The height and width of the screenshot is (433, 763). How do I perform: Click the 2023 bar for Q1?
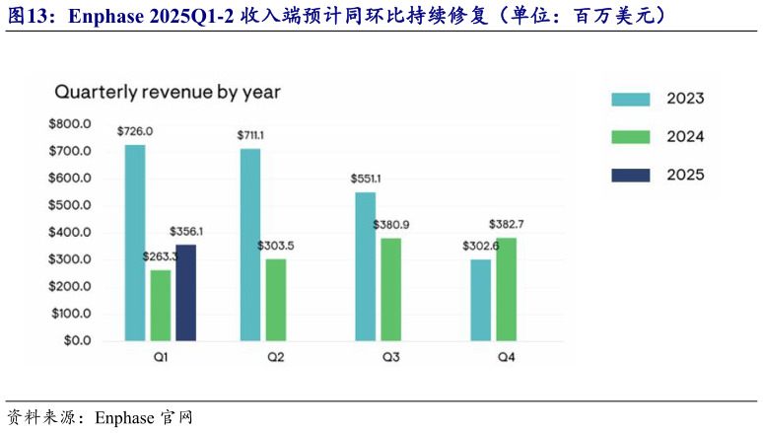tap(135, 243)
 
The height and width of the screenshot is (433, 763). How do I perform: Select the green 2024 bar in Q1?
tap(161, 305)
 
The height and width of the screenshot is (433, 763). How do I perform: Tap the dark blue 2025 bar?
tap(185, 292)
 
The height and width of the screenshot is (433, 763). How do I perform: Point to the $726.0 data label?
tap(135, 130)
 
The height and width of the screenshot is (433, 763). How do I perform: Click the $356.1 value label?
tap(187, 231)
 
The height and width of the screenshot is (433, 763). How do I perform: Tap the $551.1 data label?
tap(366, 179)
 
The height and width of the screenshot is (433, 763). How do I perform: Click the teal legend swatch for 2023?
tap(630, 99)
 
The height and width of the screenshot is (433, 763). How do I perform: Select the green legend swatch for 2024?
tap(630, 137)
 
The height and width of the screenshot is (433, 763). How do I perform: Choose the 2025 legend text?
tap(685, 176)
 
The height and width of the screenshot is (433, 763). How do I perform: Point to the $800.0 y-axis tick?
tap(70, 123)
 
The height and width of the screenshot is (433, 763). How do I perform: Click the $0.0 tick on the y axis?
tap(76, 340)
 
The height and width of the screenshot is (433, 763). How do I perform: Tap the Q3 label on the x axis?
tap(391, 356)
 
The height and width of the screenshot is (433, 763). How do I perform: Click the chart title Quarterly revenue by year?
tap(168, 92)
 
